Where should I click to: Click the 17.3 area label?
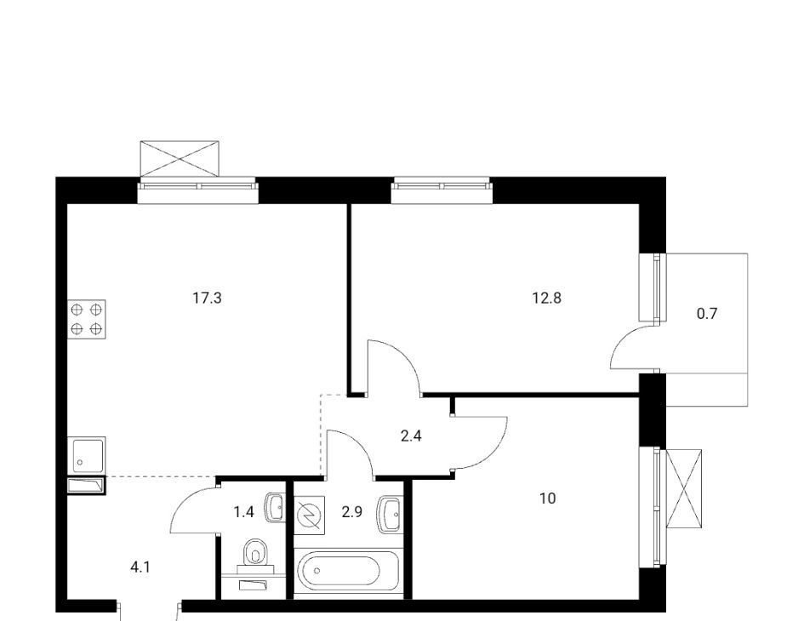tap(207, 298)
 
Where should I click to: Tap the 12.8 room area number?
tap(546, 298)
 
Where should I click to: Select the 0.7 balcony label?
tap(706, 313)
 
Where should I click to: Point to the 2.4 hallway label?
tap(411, 436)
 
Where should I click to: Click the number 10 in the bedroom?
tap(548, 498)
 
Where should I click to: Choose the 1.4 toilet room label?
tap(244, 512)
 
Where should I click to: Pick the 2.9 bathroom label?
tap(352, 512)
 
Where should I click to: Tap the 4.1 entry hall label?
tap(140, 567)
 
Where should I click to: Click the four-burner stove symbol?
tap(87, 319)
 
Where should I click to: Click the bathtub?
tap(346, 573)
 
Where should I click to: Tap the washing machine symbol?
tap(310, 515)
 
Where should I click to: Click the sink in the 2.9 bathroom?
tap(391, 515)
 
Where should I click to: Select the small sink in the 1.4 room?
tap(276, 508)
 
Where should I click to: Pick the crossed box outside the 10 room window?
tap(683, 488)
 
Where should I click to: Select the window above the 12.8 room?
tap(442, 190)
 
